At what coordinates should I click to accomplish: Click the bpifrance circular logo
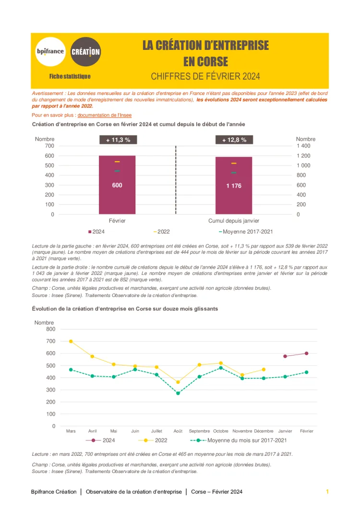[x=50, y=51]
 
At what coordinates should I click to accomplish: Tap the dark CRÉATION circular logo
[x=85, y=51]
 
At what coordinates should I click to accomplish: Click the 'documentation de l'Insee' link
[x=104, y=115]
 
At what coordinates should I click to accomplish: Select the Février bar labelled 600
[x=117, y=185]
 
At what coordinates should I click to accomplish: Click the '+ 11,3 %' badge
[x=117, y=140]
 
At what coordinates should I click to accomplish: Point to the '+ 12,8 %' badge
[x=234, y=140]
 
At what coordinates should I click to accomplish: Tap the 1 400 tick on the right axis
[x=303, y=146]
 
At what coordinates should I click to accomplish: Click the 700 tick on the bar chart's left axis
[x=49, y=146]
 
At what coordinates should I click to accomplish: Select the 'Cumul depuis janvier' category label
[x=234, y=221]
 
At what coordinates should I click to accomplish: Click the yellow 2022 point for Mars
[x=71, y=342]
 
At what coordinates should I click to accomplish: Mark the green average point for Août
[x=178, y=393]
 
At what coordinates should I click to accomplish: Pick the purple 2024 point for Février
[x=306, y=354]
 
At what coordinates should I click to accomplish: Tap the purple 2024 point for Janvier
[x=285, y=356]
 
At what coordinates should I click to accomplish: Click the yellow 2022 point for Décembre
[x=264, y=369]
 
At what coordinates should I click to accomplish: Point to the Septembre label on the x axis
[x=199, y=431]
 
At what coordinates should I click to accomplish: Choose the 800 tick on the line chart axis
[x=50, y=329]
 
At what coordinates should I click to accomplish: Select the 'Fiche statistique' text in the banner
[x=70, y=76]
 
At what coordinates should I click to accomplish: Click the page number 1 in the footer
[x=327, y=492]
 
